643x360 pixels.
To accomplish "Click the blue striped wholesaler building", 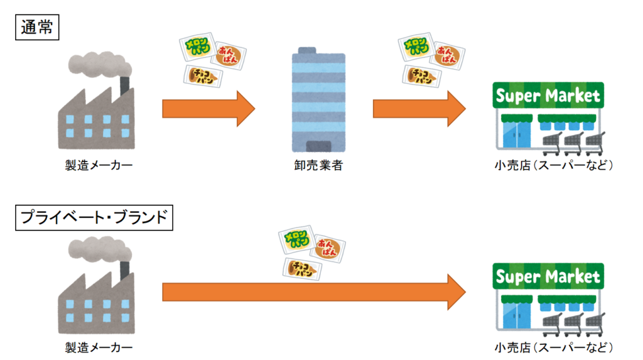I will tap(318, 101).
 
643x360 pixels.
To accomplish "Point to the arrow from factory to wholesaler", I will tap(208, 108).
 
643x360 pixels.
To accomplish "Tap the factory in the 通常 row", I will tap(97, 116).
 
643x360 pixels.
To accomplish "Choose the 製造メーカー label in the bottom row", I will tap(99, 347).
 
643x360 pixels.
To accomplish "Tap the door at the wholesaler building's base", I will tap(318, 146).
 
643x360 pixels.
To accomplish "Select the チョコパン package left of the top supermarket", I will tap(421, 76).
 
